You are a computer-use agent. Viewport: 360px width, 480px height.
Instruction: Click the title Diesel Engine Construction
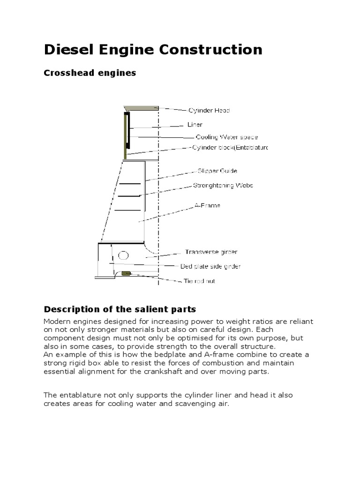pyautogui.click(x=153, y=49)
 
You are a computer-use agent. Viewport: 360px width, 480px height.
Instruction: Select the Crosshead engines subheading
pyautogui.click(x=90, y=73)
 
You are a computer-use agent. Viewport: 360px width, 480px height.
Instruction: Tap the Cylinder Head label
pyautogui.click(x=209, y=111)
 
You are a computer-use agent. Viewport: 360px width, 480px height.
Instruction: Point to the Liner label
pyautogui.click(x=195, y=125)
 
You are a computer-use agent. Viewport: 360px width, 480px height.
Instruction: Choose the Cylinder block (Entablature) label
pyautogui.click(x=231, y=147)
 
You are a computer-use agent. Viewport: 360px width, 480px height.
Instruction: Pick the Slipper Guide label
pyautogui.click(x=217, y=171)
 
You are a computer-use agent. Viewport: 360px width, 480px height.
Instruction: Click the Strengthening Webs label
pyautogui.click(x=223, y=185)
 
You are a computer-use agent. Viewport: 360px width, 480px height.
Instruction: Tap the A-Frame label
pyautogui.click(x=207, y=205)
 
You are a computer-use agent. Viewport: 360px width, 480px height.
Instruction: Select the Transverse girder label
pyautogui.click(x=211, y=252)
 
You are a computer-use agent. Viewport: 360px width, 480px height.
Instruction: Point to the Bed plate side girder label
pyautogui.click(x=210, y=266)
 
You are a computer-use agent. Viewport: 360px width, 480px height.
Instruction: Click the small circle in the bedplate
pyautogui.click(x=123, y=255)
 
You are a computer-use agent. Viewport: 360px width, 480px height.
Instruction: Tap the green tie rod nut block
pyautogui.click(x=125, y=273)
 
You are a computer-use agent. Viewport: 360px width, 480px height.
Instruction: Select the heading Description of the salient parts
pyautogui.click(x=120, y=309)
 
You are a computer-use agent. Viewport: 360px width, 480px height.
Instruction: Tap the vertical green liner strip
pyautogui.click(x=126, y=135)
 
